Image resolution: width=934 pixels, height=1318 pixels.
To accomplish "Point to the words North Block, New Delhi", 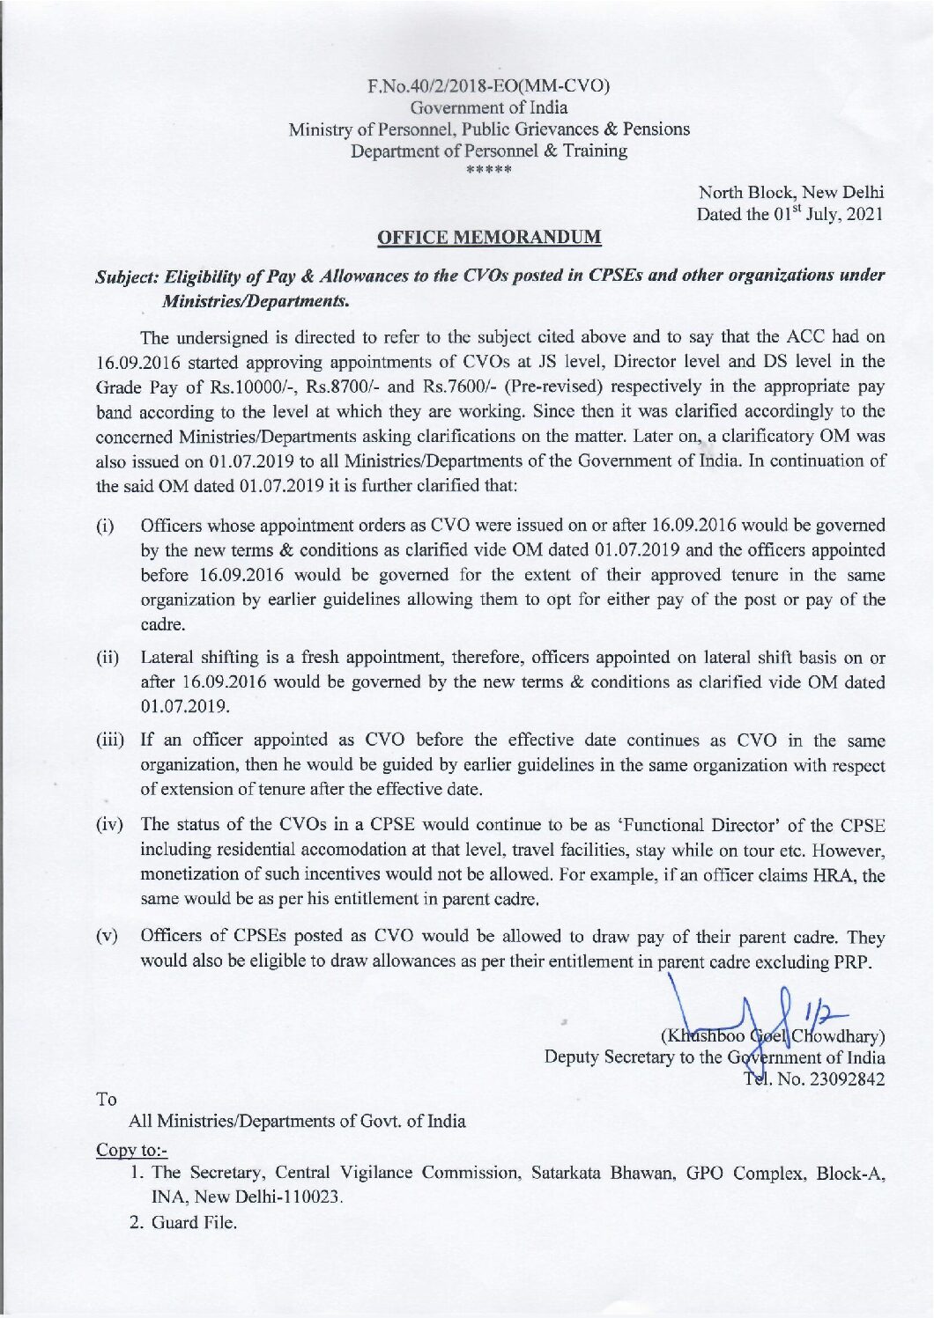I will (790, 192).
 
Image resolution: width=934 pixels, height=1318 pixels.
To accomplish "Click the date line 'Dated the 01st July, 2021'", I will (789, 214).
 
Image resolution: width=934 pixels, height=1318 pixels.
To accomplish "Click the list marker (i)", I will (105, 527).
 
